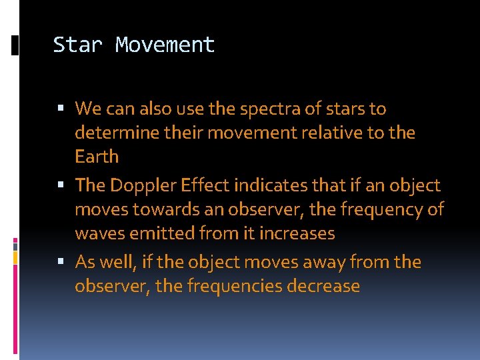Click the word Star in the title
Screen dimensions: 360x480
pyautogui.click(x=78, y=45)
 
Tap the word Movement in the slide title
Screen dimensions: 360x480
pyautogui.click(x=165, y=45)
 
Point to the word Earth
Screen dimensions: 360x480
pyautogui.click(x=97, y=157)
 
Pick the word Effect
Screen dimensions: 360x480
pyautogui.click(x=206, y=185)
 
